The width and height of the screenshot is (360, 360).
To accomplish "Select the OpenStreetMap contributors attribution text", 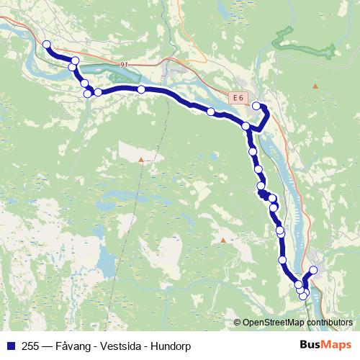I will (x=299, y=322).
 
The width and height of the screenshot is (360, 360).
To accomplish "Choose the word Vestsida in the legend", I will (x=121, y=346).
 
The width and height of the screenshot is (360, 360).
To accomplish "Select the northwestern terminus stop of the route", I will (x=47, y=45).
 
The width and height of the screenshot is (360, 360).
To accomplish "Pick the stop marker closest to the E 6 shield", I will (x=256, y=106).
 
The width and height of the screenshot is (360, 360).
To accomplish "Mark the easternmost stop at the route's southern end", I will (x=313, y=271).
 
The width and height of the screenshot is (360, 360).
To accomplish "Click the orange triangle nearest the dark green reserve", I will (x=315, y=86).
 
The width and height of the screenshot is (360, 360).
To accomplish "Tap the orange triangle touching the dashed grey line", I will (x=141, y=159).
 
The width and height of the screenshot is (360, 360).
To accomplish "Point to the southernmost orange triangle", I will (x=223, y=240).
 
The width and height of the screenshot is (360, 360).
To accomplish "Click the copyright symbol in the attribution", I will (x=238, y=322).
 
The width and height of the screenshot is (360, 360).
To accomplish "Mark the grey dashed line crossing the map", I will (x=122, y=216).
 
